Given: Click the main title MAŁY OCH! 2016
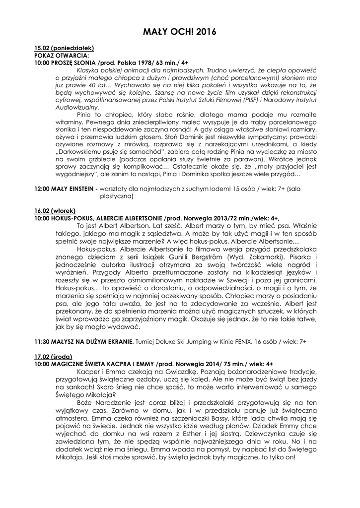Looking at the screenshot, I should [x=180, y=32].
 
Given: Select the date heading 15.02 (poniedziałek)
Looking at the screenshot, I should [x=64, y=48].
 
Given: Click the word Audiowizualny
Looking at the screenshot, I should [x=77, y=107].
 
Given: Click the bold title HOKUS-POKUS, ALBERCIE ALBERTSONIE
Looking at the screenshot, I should [x=106, y=218].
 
